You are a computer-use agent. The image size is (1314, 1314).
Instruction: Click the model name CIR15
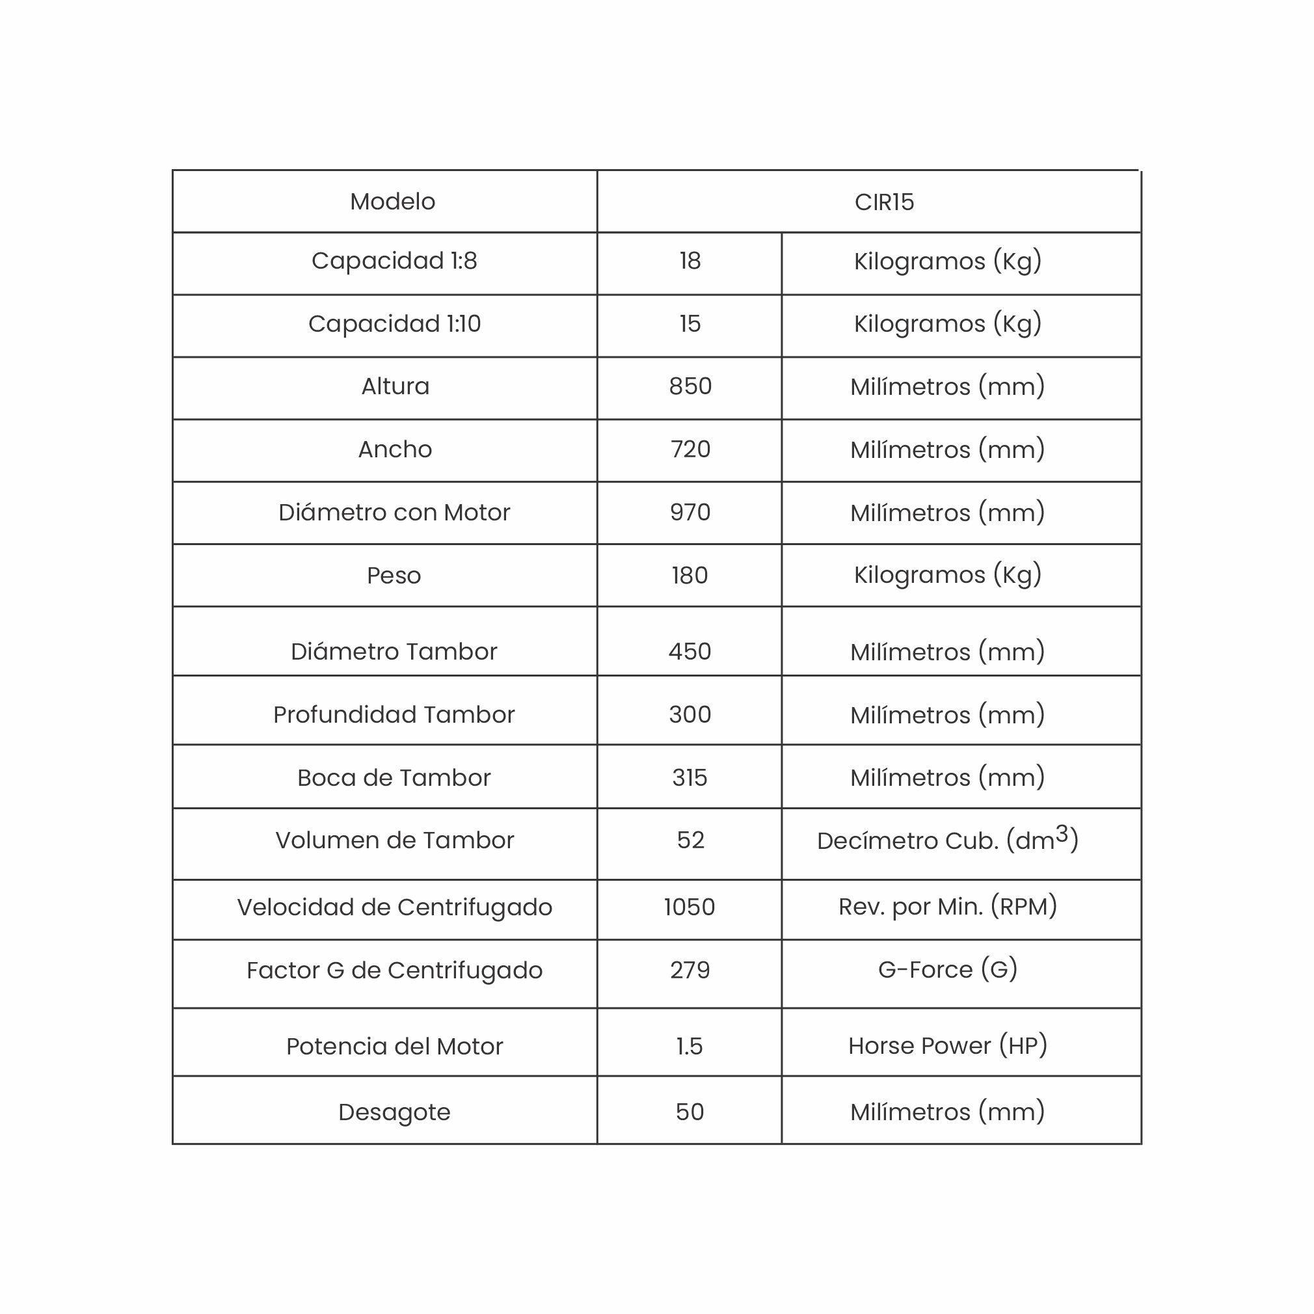point(883,202)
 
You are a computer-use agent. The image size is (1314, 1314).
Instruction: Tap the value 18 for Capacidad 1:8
point(690,261)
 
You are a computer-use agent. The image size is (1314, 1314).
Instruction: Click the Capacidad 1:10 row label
point(394,324)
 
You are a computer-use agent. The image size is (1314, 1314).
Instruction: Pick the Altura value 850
point(690,386)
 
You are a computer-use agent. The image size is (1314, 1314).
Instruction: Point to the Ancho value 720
point(690,449)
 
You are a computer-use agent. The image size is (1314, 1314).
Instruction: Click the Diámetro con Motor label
point(394,513)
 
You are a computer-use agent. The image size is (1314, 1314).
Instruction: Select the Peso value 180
point(690,576)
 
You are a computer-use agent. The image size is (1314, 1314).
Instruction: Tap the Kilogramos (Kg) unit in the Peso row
point(947,576)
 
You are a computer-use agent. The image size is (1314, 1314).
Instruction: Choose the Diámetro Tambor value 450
point(690,652)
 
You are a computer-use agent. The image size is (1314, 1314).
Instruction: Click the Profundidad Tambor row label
point(394,715)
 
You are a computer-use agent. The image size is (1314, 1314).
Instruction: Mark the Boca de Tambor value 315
point(690,778)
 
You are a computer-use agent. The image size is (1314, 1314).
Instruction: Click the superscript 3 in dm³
point(1062,833)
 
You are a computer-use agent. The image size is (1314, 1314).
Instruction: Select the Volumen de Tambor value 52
point(690,840)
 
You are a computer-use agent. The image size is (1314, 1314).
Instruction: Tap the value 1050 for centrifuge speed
point(689,907)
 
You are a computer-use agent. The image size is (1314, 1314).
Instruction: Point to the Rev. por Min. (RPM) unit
point(947,907)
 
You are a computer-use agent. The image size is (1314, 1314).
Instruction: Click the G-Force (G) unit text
point(947,970)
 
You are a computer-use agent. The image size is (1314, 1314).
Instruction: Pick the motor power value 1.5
point(689,1046)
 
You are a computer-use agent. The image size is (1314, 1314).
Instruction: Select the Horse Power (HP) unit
point(947,1045)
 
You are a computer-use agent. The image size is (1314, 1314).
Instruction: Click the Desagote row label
point(394,1112)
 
